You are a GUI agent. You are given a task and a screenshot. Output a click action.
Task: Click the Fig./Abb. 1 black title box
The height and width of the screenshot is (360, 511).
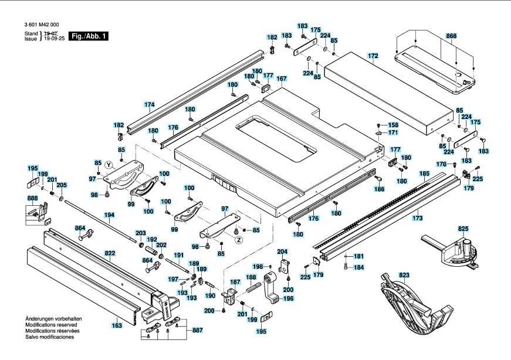(89, 36)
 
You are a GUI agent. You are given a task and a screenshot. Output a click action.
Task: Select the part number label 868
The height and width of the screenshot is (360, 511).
(451, 36)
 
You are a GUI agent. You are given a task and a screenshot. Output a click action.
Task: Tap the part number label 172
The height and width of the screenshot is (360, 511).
(373, 56)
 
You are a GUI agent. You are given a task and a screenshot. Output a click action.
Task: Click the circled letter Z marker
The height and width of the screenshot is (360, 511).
(239, 240)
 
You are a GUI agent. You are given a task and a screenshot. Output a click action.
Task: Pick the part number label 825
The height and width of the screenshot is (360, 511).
(463, 229)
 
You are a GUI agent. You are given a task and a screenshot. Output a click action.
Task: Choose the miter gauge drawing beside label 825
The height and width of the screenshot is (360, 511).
(451, 251)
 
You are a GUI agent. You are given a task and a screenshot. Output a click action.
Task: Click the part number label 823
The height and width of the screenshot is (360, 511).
(404, 276)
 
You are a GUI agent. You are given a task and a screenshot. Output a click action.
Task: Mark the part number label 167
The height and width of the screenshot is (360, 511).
(282, 79)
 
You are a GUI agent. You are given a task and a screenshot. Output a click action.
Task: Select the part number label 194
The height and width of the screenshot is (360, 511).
(109, 215)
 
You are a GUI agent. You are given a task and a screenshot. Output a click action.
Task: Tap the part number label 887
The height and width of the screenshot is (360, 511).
(198, 330)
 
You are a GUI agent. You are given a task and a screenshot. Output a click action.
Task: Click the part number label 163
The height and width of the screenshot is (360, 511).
(117, 325)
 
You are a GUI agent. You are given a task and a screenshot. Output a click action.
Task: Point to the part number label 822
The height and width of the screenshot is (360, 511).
(110, 253)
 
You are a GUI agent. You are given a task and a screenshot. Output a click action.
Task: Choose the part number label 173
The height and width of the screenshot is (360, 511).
(418, 218)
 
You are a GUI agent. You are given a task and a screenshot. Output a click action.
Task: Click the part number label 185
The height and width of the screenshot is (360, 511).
(424, 174)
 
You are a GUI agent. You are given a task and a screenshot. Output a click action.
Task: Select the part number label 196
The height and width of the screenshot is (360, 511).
(289, 298)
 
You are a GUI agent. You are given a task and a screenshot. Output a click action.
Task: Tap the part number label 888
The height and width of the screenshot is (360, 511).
(32, 198)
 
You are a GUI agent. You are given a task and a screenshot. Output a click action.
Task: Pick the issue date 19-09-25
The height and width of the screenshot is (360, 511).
(55, 39)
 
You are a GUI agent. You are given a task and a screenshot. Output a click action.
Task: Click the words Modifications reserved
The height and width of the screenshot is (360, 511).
(51, 325)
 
